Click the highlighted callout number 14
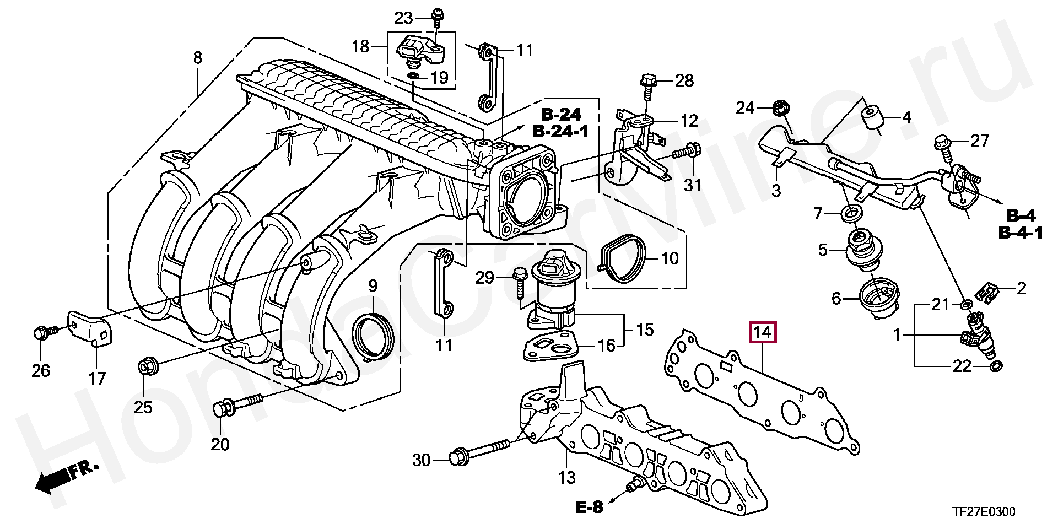pos(762,332)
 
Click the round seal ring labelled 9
pos(374,336)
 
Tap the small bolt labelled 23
pos(437,18)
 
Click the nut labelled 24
pos(780,108)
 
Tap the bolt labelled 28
pos(647,87)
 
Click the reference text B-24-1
pos(561,131)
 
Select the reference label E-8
pos(590,506)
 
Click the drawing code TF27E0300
pos(984,512)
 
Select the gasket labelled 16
pos(549,346)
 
